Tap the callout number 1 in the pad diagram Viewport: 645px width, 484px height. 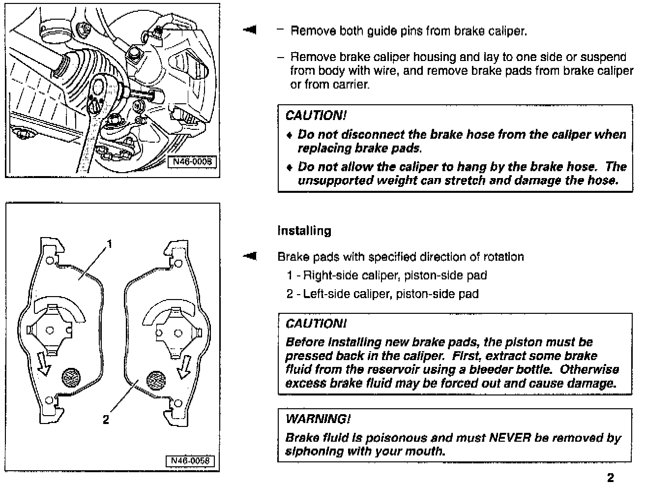pyautogui.click(x=110, y=244)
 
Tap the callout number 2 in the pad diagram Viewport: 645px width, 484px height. pyautogui.click(x=106, y=419)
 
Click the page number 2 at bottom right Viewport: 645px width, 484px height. pyautogui.click(x=611, y=478)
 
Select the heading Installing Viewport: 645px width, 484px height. pyautogui.click(x=304, y=231)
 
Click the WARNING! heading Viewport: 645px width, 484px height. pyautogui.click(x=318, y=419)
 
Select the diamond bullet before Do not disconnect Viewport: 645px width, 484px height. pyautogui.click(x=290, y=135)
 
